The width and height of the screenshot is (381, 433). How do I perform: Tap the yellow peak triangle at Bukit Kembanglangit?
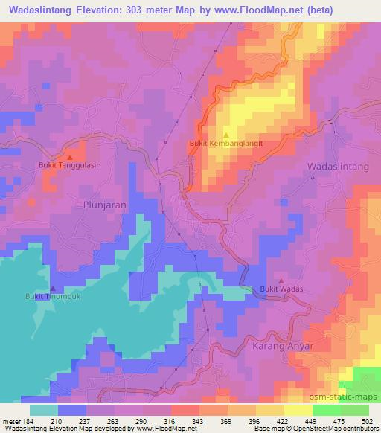click(225, 135)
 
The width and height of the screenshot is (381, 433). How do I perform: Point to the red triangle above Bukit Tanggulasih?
click(70, 157)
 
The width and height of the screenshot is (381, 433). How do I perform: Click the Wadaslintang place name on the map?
click(339, 168)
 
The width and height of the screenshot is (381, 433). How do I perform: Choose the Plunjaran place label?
click(103, 204)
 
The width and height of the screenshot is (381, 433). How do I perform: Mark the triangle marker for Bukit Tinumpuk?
click(53, 288)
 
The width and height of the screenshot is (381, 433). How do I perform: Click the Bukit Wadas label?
click(283, 289)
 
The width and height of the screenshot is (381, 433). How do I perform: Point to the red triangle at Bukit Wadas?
click(281, 280)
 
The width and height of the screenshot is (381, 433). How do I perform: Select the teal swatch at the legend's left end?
click(44, 410)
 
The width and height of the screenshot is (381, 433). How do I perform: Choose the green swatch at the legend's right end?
click(354, 410)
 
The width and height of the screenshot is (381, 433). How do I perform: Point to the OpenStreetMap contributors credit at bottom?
click(333, 429)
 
